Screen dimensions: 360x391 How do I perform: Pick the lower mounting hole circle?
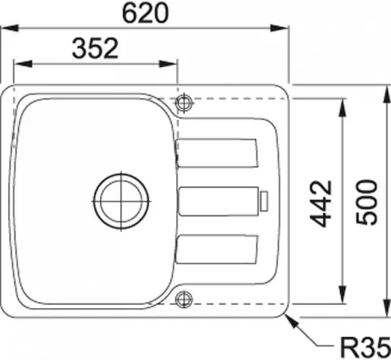click(x=184, y=299)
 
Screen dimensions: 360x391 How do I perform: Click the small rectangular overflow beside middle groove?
click(x=264, y=201)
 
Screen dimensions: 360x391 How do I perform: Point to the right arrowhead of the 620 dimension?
click(x=282, y=28)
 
